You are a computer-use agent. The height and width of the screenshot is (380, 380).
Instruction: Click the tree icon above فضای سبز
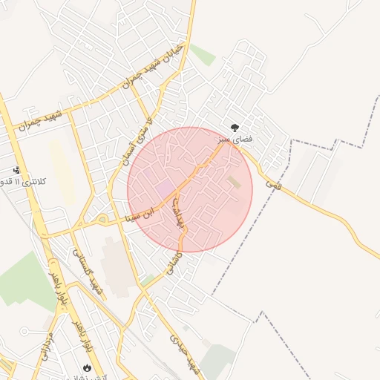click(x=235, y=128)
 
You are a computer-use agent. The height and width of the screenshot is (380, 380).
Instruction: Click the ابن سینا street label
click(x=140, y=215)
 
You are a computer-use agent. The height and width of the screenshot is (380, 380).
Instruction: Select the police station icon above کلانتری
click(x=16, y=171)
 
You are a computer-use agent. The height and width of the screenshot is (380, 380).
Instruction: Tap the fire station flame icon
click(x=88, y=367)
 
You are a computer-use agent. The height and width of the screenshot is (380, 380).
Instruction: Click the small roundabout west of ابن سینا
click(x=101, y=219)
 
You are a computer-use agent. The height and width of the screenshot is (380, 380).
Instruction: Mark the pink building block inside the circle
click(x=165, y=188)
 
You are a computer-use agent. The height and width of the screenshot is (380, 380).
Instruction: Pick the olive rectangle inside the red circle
click(x=234, y=182)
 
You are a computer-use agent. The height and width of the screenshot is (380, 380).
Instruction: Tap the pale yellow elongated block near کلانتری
click(x=62, y=171)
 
